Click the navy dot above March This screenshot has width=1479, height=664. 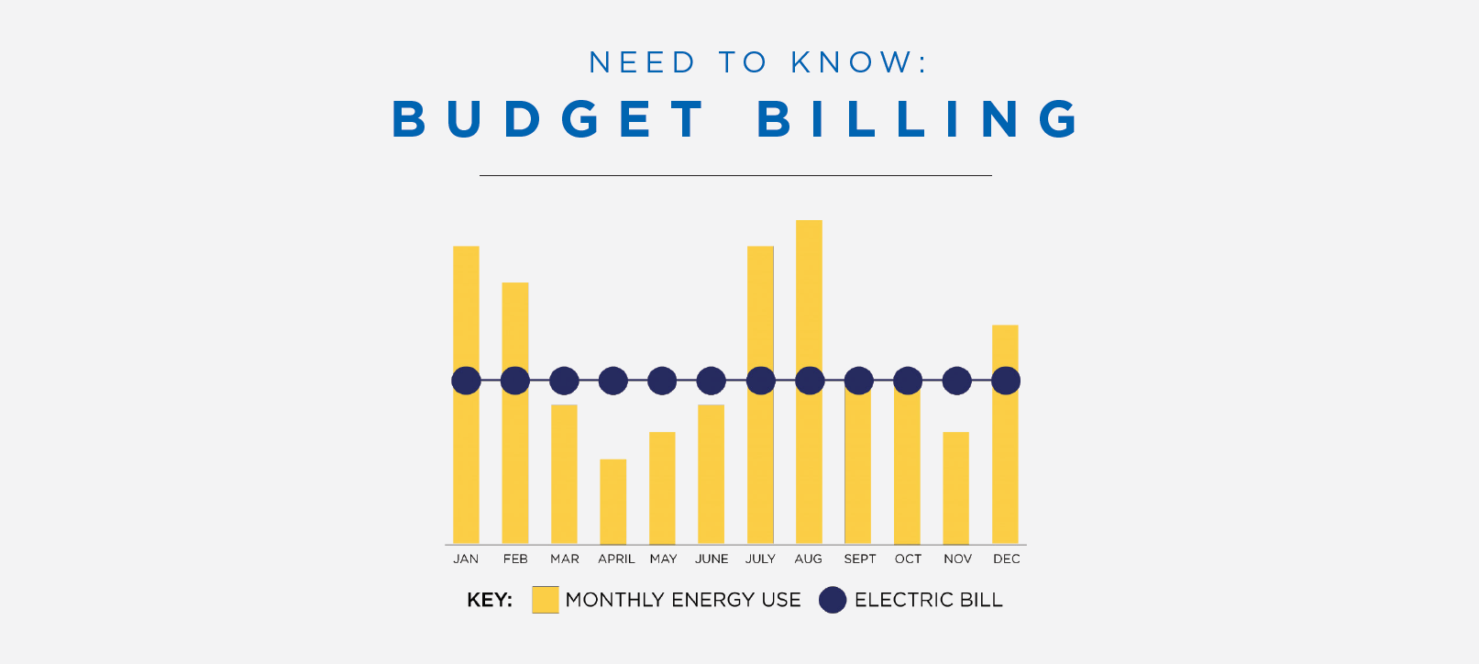(x=564, y=381)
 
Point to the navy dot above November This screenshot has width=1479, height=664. (x=956, y=381)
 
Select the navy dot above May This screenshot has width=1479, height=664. (x=662, y=381)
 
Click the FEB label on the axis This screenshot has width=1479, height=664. (x=515, y=559)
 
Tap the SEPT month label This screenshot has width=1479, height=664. (x=859, y=559)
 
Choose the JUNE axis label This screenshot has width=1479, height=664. (x=712, y=559)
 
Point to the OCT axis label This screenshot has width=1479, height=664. (x=908, y=559)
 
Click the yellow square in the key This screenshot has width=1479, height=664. (x=546, y=600)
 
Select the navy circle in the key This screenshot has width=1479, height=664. (x=833, y=600)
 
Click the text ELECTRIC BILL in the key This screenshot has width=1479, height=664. (x=928, y=600)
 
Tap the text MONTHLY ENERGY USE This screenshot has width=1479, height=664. (x=683, y=600)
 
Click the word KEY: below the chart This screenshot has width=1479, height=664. (x=490, y=600)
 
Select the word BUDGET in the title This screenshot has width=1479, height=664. (x=548, y=119)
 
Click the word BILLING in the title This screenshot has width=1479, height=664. (x=920, y=119)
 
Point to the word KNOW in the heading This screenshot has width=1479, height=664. (x=852, y=62)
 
